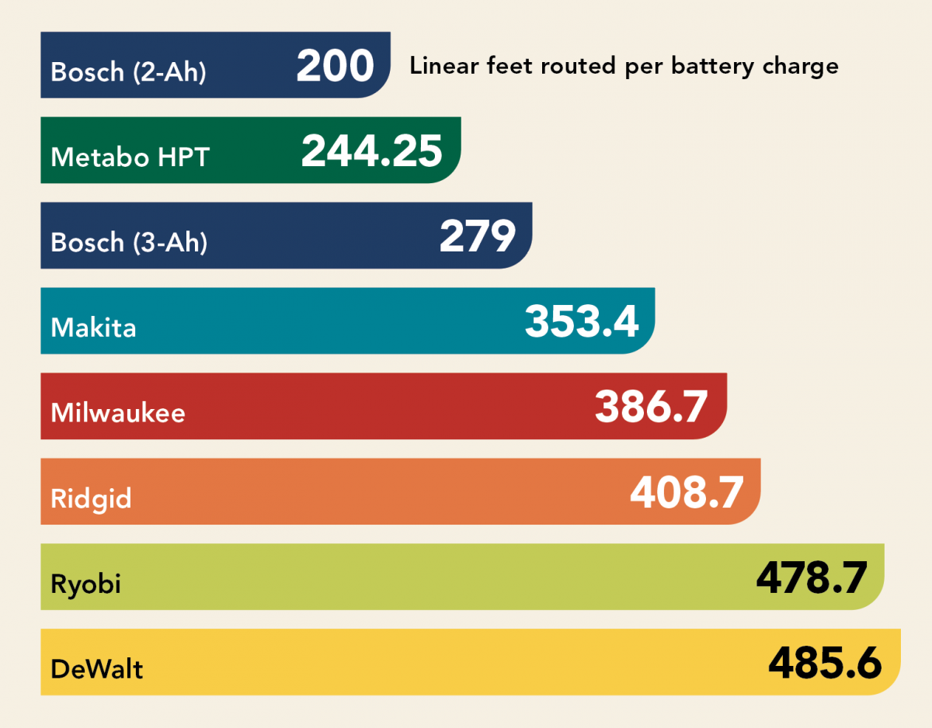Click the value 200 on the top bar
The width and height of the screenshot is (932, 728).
(x=335, y=66)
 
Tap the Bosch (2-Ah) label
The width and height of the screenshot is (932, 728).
(x=129, y=72)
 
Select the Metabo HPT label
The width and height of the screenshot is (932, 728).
(x=130, y=158)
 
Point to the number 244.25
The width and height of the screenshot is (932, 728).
(x=371, y=151)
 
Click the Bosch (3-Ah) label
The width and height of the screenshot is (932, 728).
(x=129, y=243)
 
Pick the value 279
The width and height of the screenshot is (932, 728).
(x=477, y=237)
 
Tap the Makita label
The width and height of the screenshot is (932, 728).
(x=93, y=328)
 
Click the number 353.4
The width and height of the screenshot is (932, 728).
(x=582, y=321)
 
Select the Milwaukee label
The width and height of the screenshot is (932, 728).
(x=118, y=412)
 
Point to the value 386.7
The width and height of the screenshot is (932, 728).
(x=651, y=407)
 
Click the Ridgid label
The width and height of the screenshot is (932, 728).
(x=91, y=498)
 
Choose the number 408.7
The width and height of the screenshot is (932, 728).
(x=687, y=492)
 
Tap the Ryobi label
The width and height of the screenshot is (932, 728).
(x=85, y=584)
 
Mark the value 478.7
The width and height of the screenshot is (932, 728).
(x=811, y=577)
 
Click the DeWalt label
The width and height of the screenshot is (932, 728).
(x=97, y=668)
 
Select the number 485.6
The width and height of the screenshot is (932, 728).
(x=825, y=663)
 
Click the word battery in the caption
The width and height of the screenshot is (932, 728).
(x=721, y=67)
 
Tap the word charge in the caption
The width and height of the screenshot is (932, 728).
(x=804, y=68)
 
